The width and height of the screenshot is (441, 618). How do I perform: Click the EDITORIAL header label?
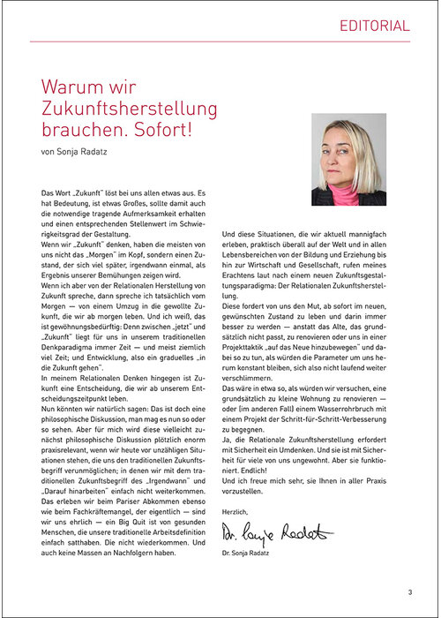coord(374,26)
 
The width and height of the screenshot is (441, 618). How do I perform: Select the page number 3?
coord(409,592)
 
